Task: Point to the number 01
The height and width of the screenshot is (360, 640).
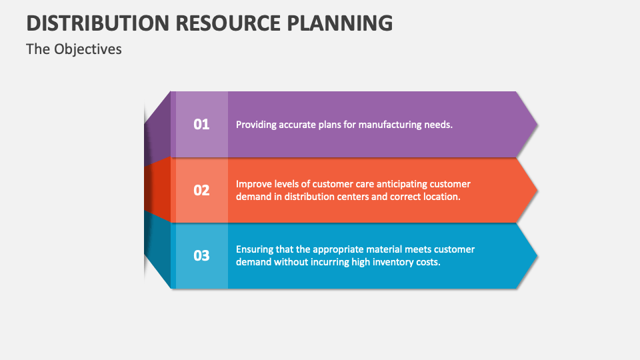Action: tap(201, 124)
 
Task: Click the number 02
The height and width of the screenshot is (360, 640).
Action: tap(201, 190)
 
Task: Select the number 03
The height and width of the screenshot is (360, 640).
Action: tap(201, 256)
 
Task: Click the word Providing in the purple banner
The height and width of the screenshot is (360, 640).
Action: tap(256, 124)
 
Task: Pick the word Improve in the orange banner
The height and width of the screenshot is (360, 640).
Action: tap(253, 183)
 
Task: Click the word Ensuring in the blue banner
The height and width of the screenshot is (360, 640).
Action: tap(255, 249)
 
